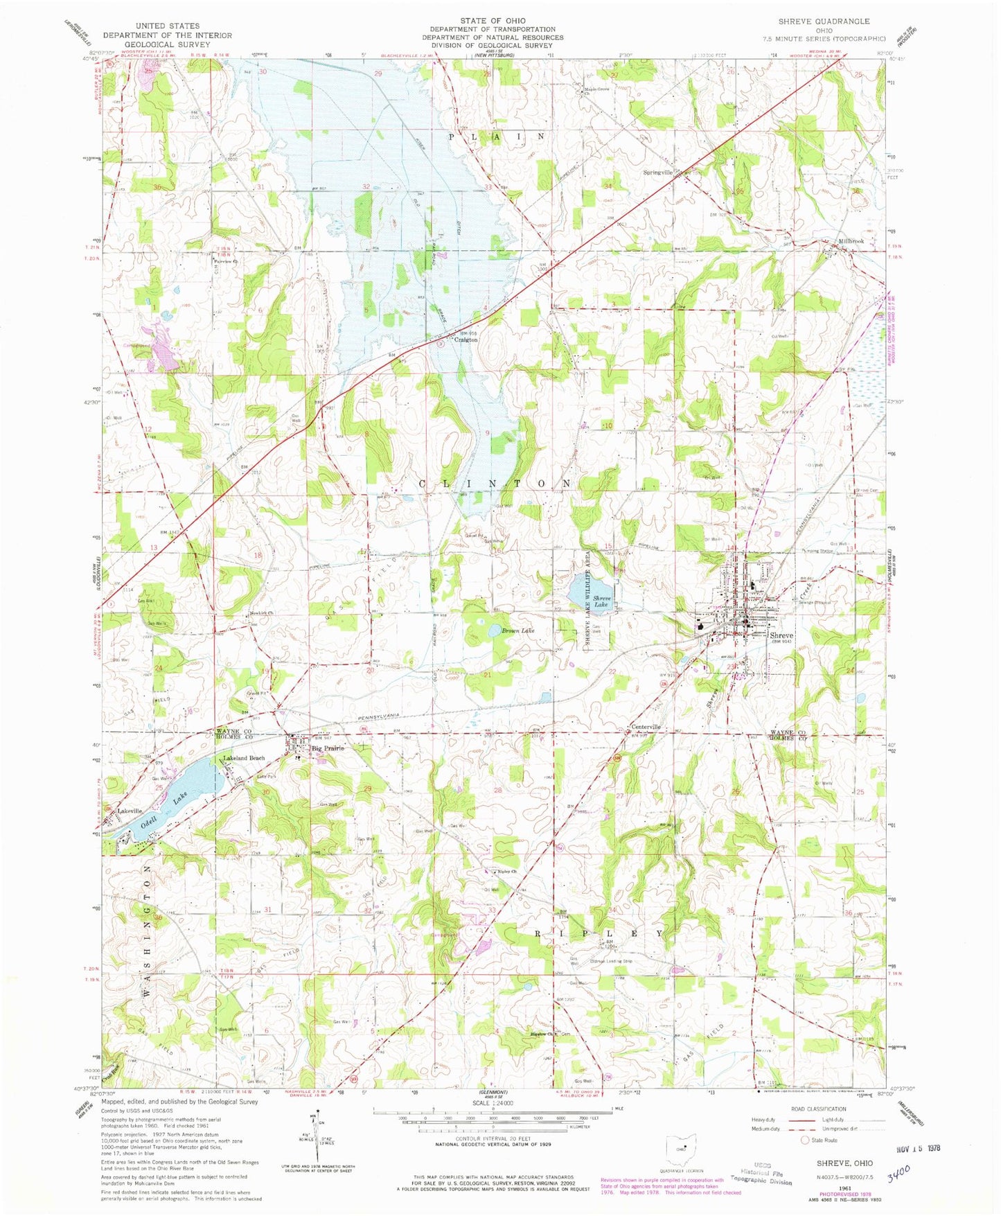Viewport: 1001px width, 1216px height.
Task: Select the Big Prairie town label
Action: (327, 748)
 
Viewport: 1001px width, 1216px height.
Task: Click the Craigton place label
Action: (466, 340)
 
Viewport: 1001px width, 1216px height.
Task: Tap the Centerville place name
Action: (646, 727)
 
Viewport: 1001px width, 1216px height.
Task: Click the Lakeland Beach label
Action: (243, 758)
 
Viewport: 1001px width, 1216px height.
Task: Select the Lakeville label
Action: (130, 811)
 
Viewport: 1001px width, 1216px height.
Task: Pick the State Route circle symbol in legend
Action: (804, 1140)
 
